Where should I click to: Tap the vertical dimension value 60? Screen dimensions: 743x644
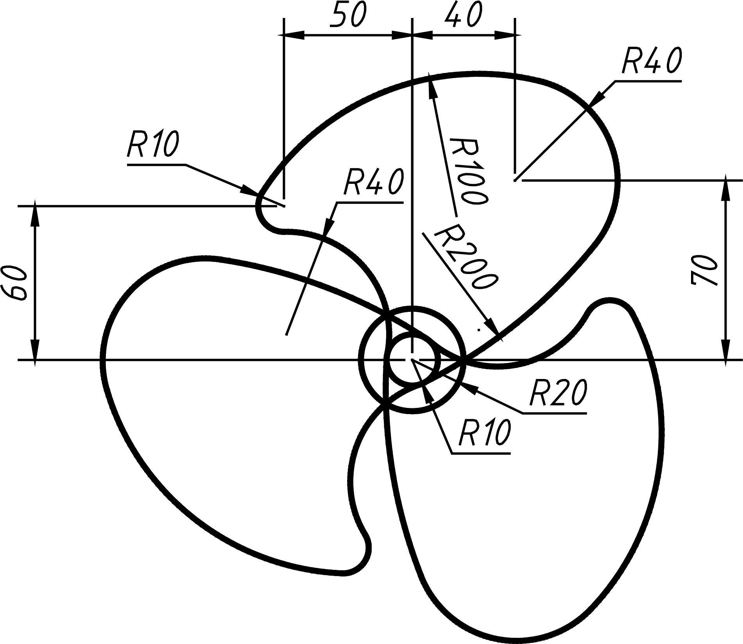[14, 283]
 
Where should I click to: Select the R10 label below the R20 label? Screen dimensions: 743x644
[485, 433]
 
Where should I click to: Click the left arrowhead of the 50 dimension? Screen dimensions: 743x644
[293, 35]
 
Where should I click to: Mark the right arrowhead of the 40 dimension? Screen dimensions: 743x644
[505, 35]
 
